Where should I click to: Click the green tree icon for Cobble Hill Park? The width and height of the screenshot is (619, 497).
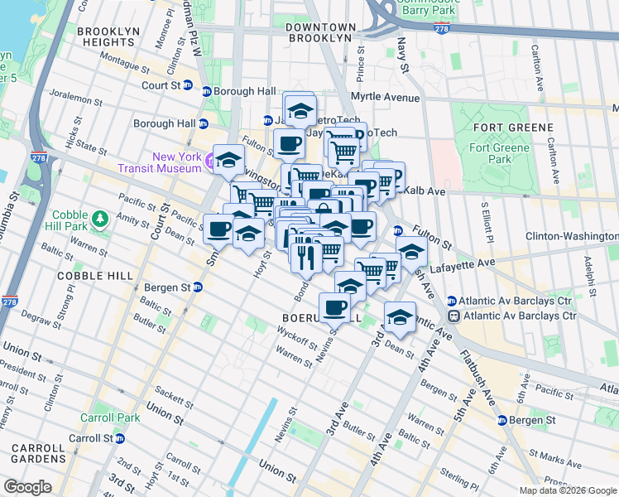tap(100, 218)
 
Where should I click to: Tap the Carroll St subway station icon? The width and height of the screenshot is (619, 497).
tap(119, 438)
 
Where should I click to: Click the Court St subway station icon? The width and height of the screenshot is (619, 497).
tap(188, 85)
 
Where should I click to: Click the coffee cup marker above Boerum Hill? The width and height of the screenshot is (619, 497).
tap(334, 308)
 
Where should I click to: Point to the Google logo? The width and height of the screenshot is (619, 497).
tap(27, 487)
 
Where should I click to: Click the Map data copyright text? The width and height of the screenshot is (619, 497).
tap(567, 490)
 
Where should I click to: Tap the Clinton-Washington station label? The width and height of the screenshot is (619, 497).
tap(572, 236)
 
